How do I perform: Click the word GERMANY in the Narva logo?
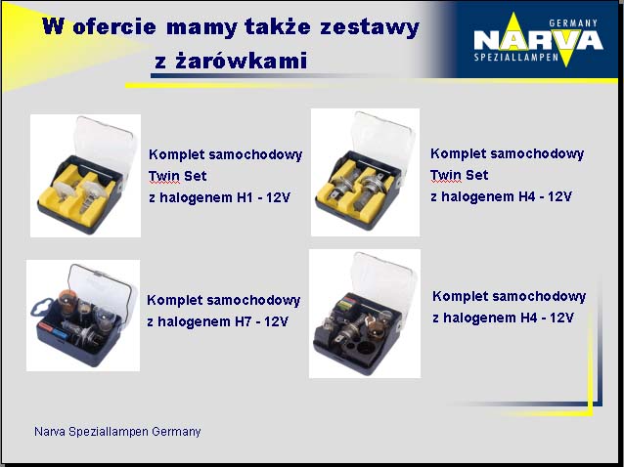[x=573, y=23]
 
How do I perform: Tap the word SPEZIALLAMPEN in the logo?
[x=516, y=58]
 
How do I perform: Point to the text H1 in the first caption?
[x=245, y=197]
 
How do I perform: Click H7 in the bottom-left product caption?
[x=243, y=321]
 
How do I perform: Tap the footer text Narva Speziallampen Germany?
[x=117, y=431]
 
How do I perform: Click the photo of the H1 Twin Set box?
[x=85, y=176]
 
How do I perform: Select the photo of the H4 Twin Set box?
[x=365, y=173]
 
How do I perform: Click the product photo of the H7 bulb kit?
[x=83, y=316]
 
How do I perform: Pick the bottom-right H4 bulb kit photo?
[x=365, y=314]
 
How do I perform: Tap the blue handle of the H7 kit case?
[x=40, y=309]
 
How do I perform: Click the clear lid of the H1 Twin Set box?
[x=107, y=146]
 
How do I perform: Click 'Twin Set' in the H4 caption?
[x=459, y=175]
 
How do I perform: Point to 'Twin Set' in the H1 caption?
[x=177, y=176]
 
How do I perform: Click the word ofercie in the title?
[x=114, y=26]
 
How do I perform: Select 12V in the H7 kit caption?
[x=276, y=321]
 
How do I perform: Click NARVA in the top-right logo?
[x=539, y=40]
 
